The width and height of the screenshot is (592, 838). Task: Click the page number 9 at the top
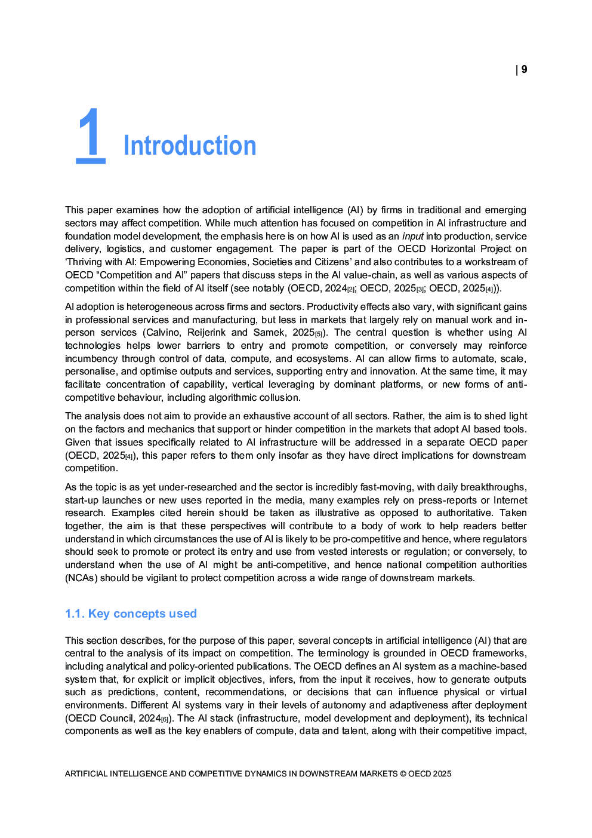click(x=524, y=70)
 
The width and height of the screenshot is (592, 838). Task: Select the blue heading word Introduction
click(x=190, y=146)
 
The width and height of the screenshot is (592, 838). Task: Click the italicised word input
click(x=412, y=236)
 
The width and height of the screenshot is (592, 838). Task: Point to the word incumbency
click(x=91, y=359)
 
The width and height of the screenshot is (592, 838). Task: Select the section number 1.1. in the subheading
click(x=75, y=614)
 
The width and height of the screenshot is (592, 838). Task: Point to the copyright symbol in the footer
click(x=403, y=774)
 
